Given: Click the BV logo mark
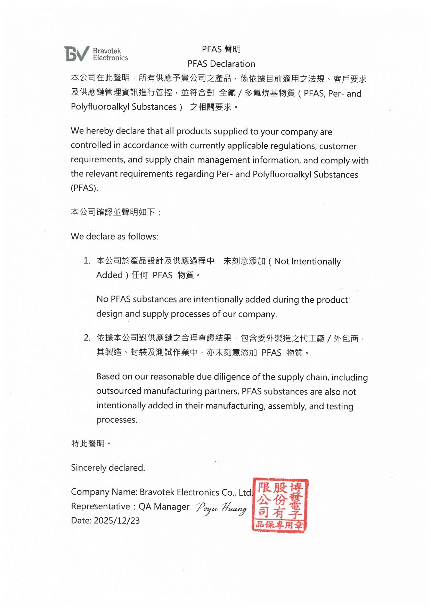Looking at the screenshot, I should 76,54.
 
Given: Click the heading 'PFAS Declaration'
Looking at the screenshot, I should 221,64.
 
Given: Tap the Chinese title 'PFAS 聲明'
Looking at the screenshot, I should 221,49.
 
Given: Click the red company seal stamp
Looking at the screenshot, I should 280,505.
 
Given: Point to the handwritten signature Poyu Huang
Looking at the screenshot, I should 221,508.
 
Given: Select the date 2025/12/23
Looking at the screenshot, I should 116,521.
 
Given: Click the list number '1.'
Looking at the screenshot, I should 87,261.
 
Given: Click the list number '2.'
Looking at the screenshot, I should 87,338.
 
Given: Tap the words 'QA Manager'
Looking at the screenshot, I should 164,507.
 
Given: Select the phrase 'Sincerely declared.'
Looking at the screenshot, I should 108,468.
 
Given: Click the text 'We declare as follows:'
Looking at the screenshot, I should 114,237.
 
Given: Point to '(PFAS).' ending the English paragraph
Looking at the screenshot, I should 84,188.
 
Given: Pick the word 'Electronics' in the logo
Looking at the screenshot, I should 111,58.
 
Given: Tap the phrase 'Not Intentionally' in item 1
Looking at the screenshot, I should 307,261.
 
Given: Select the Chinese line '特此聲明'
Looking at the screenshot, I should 88,444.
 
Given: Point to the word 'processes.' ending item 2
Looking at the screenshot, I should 116,420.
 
